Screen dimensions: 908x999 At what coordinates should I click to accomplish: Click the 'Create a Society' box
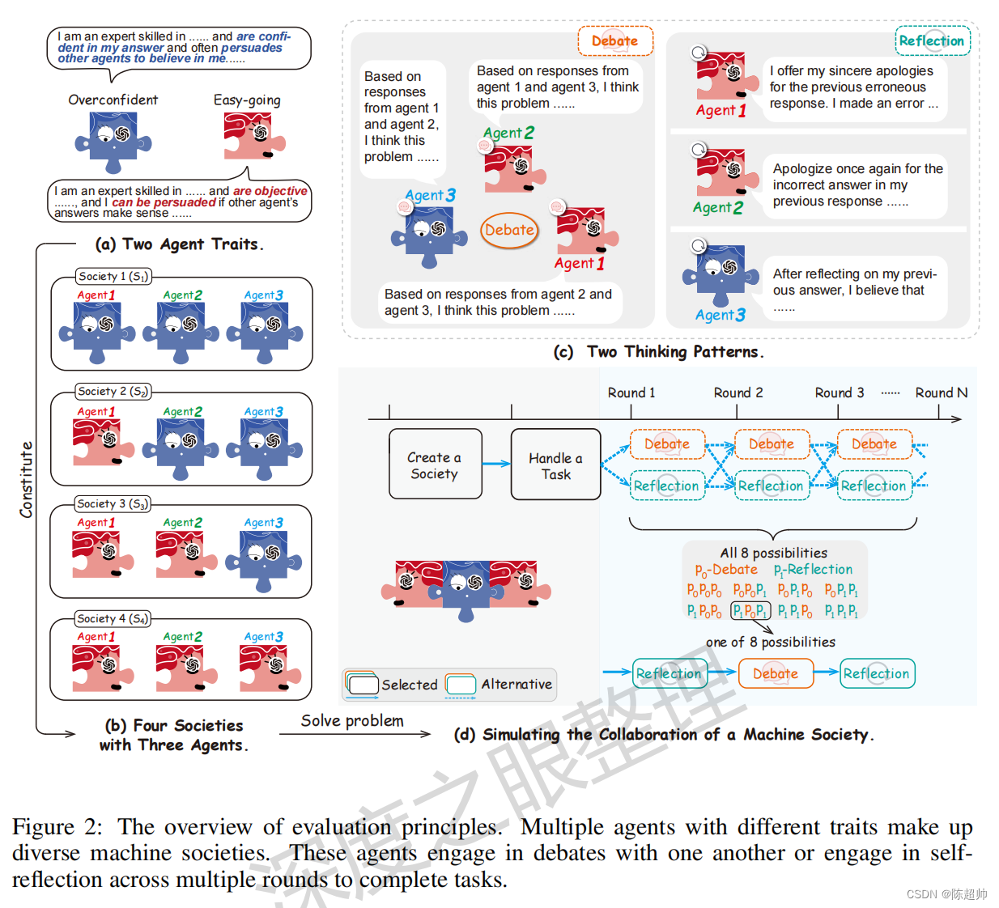tap(435, 465)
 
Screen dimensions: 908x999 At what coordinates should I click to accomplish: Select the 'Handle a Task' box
tap(555, 465)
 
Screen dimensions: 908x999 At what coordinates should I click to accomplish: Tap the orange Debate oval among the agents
tap(509, 230)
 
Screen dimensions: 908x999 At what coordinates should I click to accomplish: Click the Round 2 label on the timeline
tap(738, 392)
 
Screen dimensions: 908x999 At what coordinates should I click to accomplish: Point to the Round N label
tap(941, 392)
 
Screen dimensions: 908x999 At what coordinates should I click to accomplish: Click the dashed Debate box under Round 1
tap(667, 444)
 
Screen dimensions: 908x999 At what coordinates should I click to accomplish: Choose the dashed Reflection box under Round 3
tap(874, 486)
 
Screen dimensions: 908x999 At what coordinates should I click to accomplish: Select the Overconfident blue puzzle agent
tap(113, 140)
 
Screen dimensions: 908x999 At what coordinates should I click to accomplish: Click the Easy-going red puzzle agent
tap(254, 136)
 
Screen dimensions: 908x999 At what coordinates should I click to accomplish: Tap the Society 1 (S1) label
tap(113, 277)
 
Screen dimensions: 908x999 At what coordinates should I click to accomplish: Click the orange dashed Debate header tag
tap(614, 41)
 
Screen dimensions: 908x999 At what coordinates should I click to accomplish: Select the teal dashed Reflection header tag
tap(931, 40)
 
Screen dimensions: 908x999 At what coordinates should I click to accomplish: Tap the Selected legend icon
tap(362, 685)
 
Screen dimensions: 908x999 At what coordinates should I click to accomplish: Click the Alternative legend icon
tap(461, 685)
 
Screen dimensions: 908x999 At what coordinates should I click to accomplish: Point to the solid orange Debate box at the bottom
tap(775, 673)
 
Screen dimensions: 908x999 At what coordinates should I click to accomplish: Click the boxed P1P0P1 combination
tap(750, 611)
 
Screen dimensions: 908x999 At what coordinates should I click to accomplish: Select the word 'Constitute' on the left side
tap(27, 479)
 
